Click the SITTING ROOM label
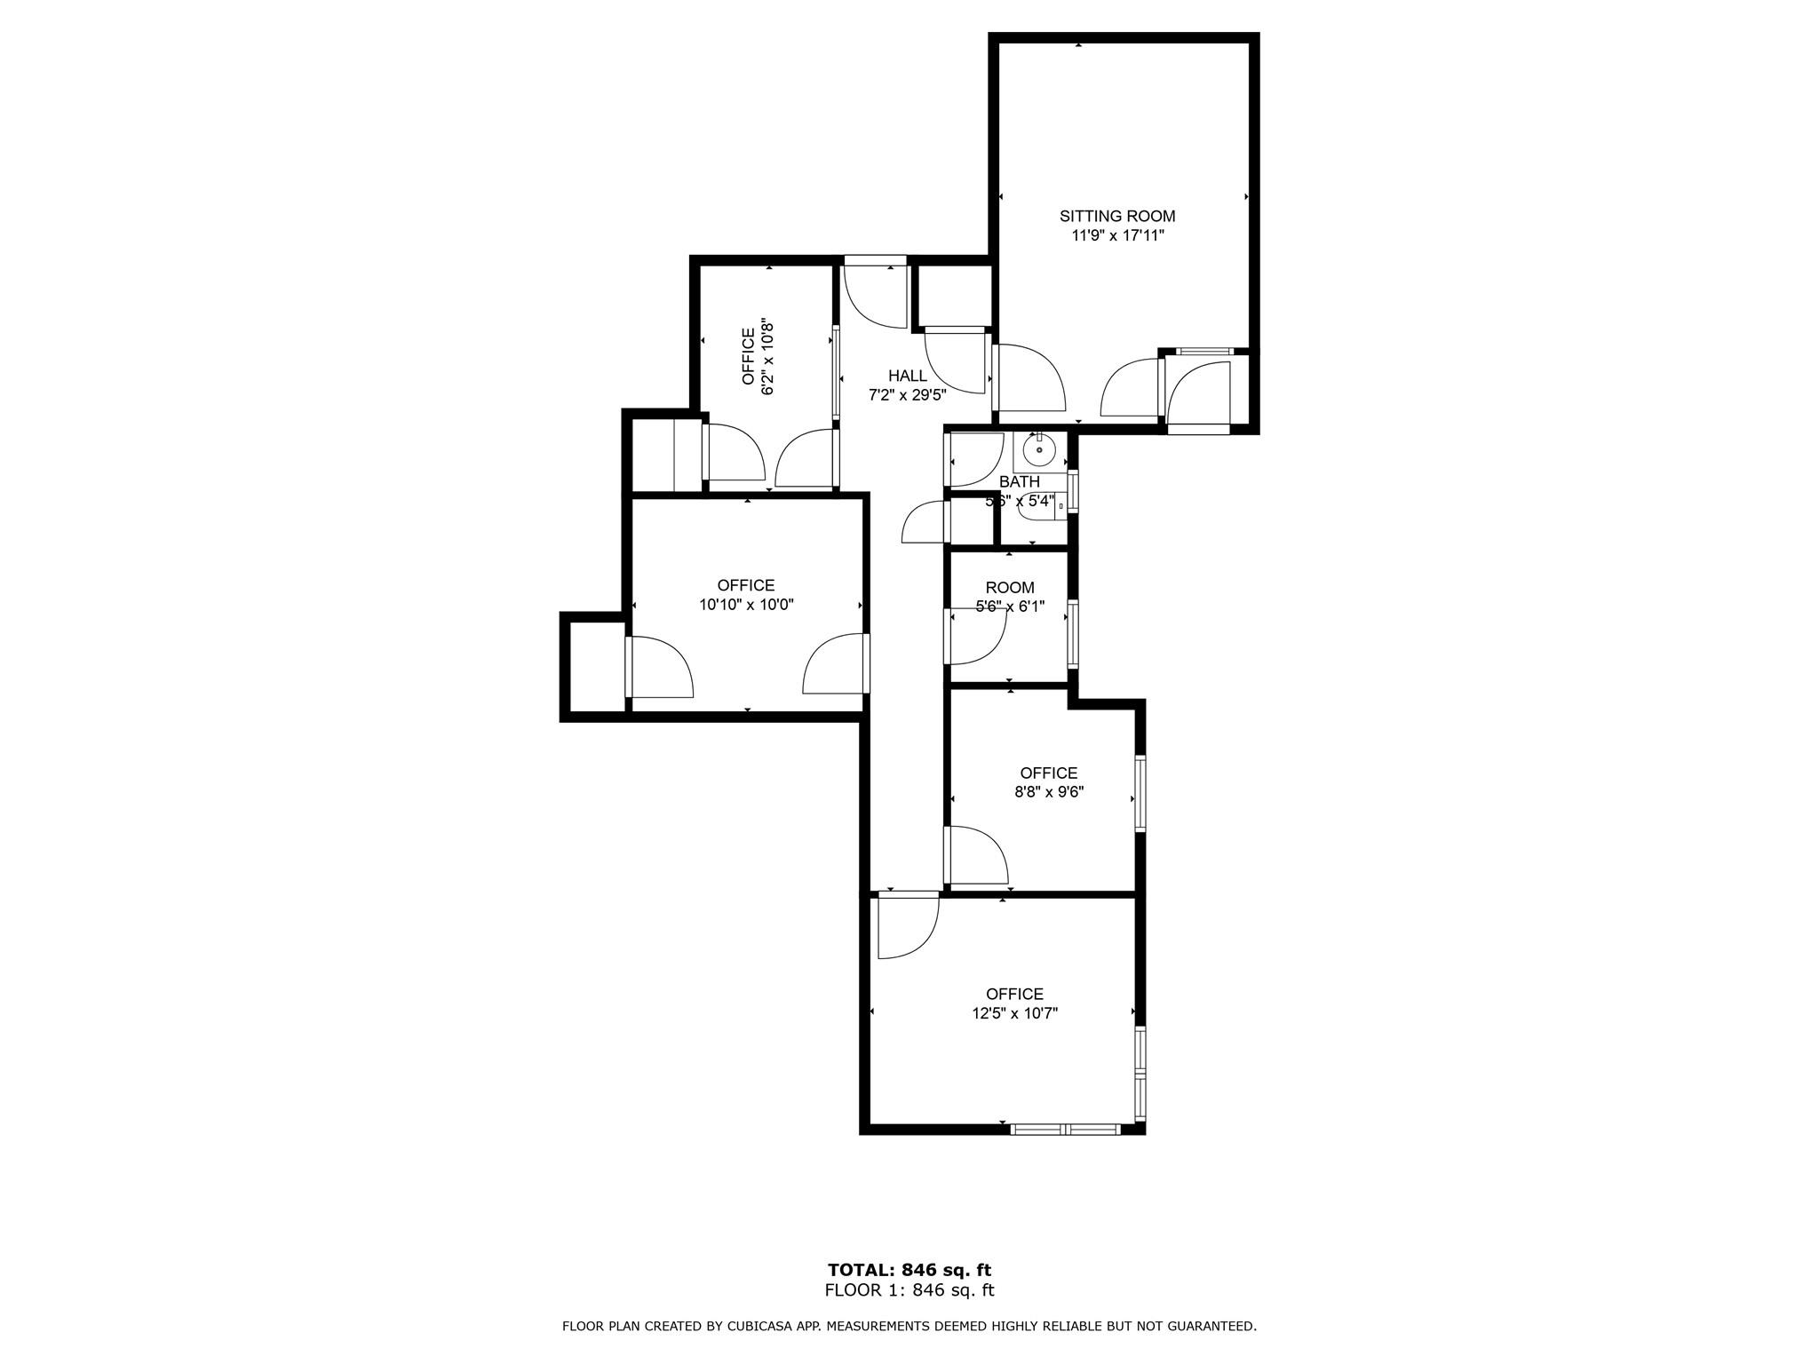[1116, 216]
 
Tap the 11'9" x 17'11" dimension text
[1116, 236]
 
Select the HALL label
[907, 376]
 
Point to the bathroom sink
[1038, 451]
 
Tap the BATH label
[1019, 482]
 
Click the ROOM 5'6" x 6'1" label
[1010, 597]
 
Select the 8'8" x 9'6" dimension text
[1049, 792]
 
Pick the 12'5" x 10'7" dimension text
[1014, 1013]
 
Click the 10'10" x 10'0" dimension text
[746, 605]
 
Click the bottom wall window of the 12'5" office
[1065, 1130]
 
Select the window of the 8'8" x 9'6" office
[1140, 792]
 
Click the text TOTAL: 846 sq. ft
[909, 1270]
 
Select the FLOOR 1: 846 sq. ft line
[909, 1290]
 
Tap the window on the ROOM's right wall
[1073, 633]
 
